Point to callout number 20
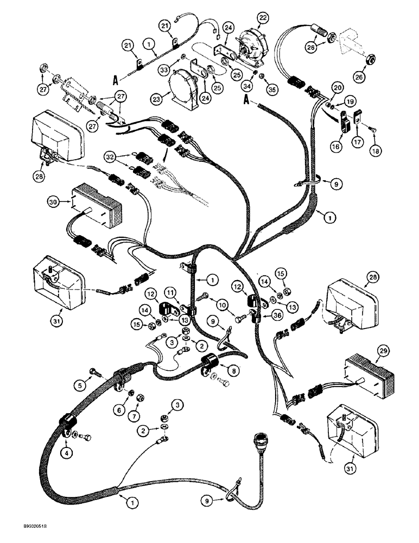point(338,88)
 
